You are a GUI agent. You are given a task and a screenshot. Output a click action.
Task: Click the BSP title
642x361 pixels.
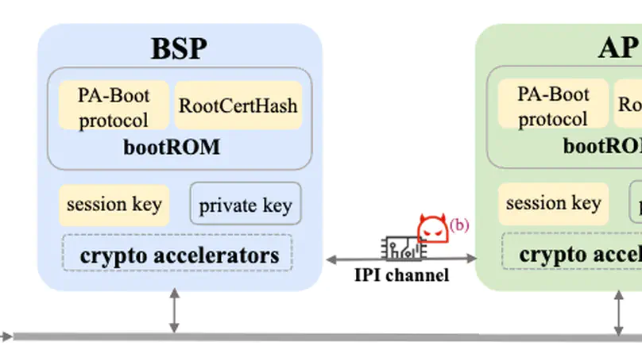[179, 48]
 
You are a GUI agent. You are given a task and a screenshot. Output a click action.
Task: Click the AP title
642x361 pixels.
[617, 48]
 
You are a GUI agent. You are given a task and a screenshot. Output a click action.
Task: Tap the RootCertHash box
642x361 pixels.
[238, 105]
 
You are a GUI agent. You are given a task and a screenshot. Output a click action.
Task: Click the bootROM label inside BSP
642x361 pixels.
[172, 148]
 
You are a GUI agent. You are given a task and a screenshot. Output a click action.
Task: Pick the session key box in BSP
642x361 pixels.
[114, 204]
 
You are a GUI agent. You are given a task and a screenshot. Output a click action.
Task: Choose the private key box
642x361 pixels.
[246, 205]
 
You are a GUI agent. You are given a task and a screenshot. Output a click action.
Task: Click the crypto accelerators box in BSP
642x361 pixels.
[179, 254]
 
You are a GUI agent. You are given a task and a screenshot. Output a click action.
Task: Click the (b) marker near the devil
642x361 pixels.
[459, 225]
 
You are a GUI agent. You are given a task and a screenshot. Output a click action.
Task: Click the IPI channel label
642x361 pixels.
[401, 275]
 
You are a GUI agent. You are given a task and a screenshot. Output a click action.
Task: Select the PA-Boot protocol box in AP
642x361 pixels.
[553, 106]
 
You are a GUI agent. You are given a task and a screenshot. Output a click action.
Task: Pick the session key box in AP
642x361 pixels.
[553, 204]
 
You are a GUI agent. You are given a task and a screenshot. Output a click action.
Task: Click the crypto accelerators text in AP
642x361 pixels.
[580, 255]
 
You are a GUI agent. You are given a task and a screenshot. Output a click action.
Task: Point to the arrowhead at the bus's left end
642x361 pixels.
[6, 337]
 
